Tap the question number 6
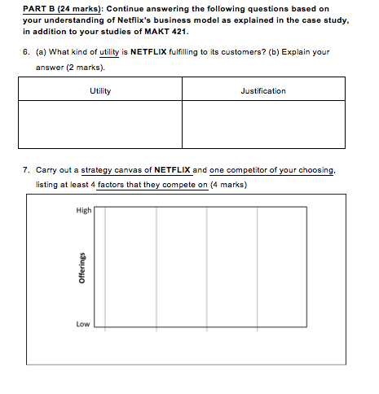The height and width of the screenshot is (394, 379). click(26, 51)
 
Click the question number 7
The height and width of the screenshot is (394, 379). click(26, 170)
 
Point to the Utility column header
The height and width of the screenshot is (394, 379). click(100, 90)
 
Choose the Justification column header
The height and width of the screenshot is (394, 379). click(263, 90)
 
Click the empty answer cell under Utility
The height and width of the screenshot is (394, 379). click(100, 125)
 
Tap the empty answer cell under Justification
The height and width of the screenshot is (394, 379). click(263, 125)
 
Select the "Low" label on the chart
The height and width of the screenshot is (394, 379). click(82, 323)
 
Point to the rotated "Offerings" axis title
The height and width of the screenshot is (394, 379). click(81, 266)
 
